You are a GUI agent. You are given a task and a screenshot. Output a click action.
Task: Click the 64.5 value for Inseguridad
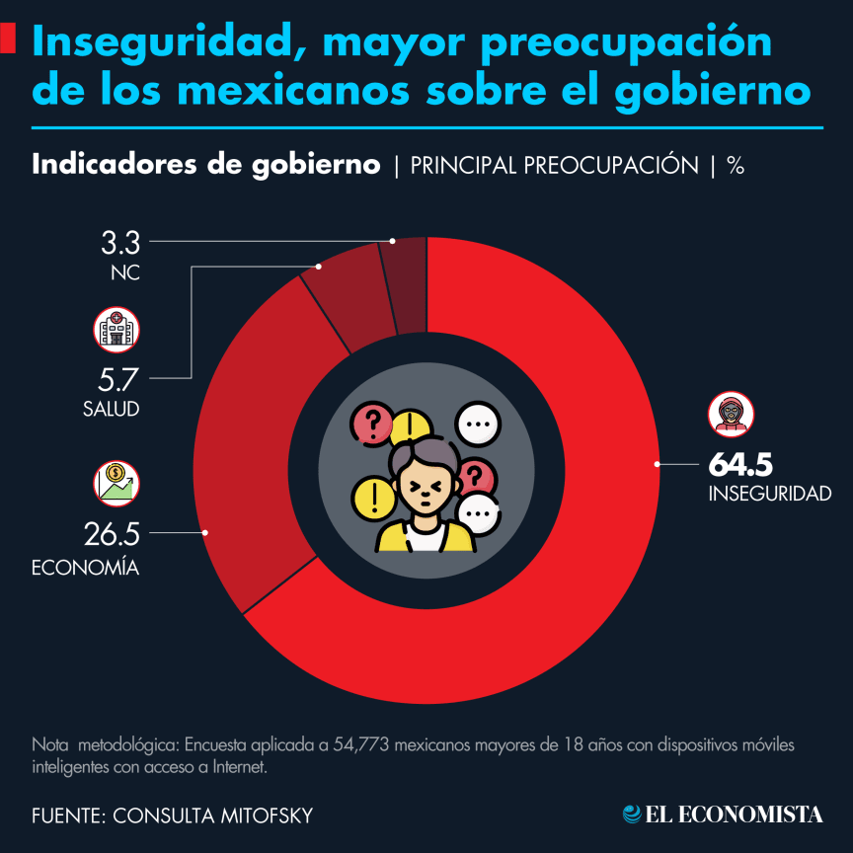coord(739,465)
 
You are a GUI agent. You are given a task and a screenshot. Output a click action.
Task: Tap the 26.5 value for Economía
coord(112,534)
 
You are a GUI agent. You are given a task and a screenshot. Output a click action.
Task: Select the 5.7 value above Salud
coord(118,379)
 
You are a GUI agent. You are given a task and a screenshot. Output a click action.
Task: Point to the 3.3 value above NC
coord(120,243)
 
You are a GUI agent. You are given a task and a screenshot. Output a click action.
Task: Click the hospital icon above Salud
coord(116,330)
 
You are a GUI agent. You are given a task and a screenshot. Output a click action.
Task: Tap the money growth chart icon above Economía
coord(116,484)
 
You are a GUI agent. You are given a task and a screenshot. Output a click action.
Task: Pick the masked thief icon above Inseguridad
coord(731,414)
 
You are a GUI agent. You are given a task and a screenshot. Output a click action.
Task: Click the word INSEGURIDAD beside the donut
coord(769,494)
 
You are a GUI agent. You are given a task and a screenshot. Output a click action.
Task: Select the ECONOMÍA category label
coord(86,567)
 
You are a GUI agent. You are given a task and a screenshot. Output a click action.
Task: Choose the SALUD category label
coord(111,409)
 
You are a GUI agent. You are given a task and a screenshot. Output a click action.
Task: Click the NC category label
coord(125,272)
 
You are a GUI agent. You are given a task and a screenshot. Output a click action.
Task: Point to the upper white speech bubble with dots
coord(478,424)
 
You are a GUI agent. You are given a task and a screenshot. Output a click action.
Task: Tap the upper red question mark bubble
coord(372,423)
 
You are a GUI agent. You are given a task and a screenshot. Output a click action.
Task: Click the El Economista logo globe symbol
coord(632,814)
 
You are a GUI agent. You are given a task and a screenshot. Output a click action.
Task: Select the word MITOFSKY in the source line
coord(267,815)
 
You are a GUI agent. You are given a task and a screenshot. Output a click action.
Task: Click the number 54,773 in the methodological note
coord(361,744)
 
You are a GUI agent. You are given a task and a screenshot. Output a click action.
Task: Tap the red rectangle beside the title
coord(8,39)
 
